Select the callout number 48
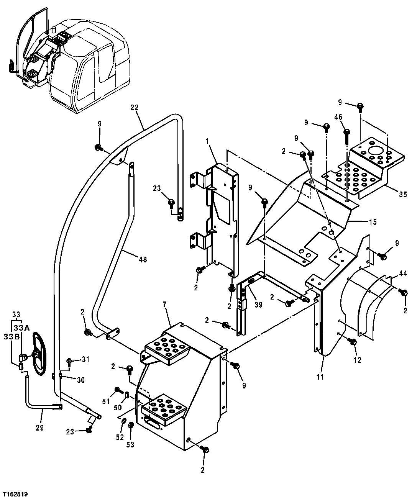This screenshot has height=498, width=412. point(143,260)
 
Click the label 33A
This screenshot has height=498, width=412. point(21,328)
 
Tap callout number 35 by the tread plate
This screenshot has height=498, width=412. point(402,195)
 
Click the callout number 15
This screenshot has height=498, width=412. point(373,222)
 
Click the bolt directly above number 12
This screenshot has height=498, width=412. point(353,341)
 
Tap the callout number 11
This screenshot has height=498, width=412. point(320,377)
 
